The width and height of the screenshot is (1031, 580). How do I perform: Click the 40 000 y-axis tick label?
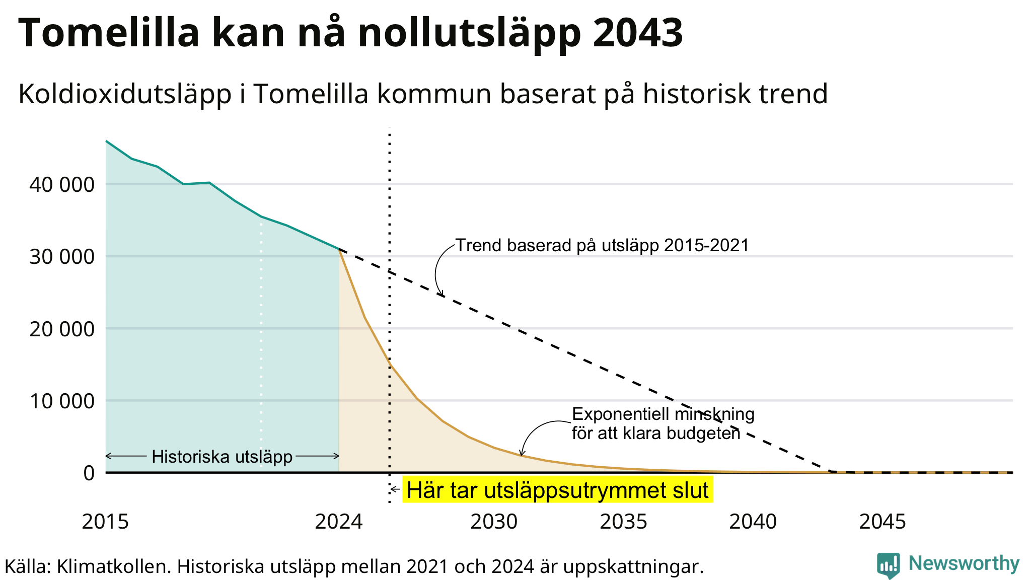click(x=62, y=185)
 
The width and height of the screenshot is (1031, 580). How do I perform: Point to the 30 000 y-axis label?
click(x=62, y=257)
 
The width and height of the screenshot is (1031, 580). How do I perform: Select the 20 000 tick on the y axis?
click(x=62, y=329)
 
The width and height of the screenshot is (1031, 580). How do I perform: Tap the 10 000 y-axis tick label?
click(x=62, y=401)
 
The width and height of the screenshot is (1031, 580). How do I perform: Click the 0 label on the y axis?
click(x=89, y=473)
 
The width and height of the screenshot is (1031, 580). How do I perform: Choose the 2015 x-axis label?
click(x=105, y=522)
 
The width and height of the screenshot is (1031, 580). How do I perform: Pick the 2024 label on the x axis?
click(x=339, y=522)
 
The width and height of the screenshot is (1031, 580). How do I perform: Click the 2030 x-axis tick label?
click(x=494, y=522)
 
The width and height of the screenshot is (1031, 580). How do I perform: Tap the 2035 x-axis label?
click(x=623, y=522)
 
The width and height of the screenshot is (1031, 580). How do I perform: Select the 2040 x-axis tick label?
click(x=753, y=522)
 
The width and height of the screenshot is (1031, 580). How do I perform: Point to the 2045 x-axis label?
click(x=882, y=522)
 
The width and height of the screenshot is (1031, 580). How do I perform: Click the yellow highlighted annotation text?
click(x=558, y=490)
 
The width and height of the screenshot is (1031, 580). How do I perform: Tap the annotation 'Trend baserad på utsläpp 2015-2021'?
click(x=603, y=245)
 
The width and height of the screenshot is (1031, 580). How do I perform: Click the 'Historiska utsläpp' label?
click(x=222, y=457)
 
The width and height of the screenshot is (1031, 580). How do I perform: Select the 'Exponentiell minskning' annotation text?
click(x=664, y=414)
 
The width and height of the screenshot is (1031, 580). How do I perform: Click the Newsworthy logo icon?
click(x=889, y=565)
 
